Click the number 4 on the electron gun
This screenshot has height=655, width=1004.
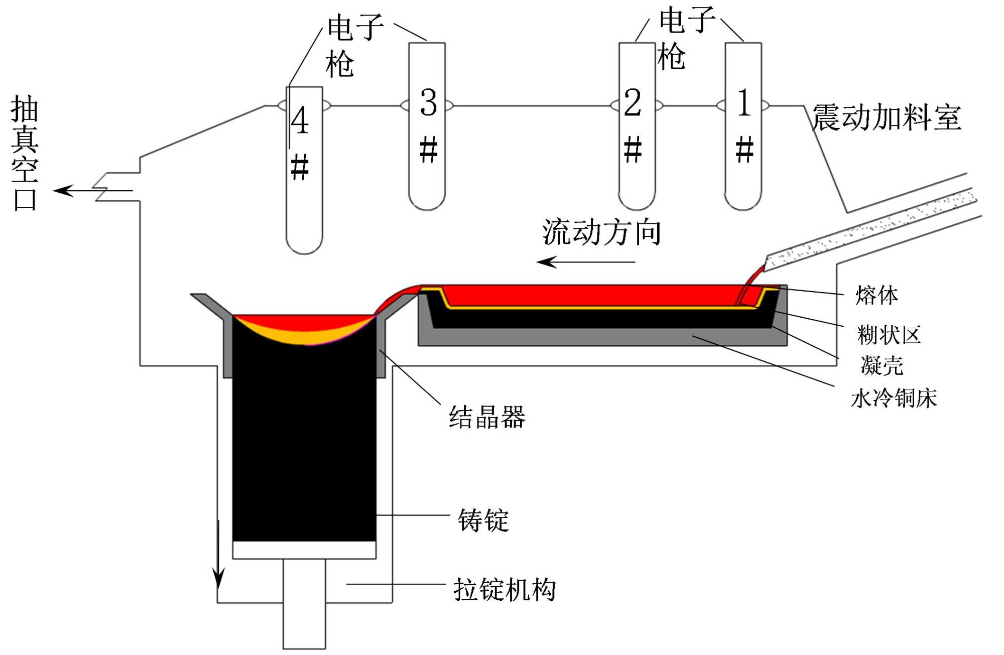click(300, 120)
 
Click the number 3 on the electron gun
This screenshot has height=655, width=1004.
click(428, 103)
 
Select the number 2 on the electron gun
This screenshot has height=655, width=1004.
click(633, 103)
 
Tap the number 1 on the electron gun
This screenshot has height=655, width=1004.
click(744, 103)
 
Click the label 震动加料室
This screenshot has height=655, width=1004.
click(887, 118)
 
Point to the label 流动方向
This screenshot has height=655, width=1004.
click(601, 232)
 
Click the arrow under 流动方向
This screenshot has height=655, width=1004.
click(585, 262)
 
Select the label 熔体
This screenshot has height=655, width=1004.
click(876, 295)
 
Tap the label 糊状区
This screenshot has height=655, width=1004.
click(889, 335)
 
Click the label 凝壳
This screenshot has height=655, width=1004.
click(882, 365)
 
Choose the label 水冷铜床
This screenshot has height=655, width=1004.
click(894, 399)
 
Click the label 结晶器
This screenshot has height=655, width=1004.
click(487, 418)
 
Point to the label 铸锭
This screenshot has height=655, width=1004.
click(483, 520)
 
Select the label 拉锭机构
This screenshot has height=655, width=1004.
click(505, 590)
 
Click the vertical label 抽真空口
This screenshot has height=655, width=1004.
click(24, 153)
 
